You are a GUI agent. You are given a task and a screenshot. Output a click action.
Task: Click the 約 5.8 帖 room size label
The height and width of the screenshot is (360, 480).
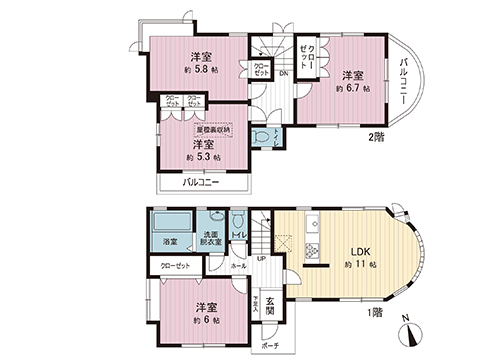point(201,71)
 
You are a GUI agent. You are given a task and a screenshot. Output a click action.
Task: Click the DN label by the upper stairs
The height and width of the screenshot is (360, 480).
point(283,74)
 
